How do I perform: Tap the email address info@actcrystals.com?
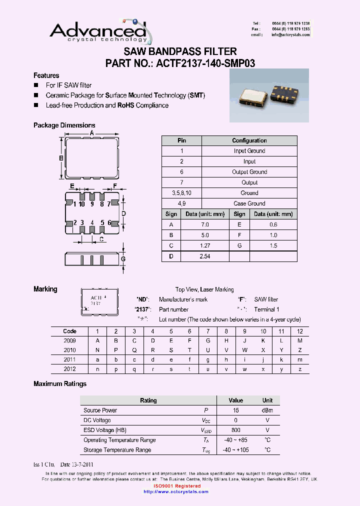[x=290, y=35]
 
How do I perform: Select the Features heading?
[x=46, y=75]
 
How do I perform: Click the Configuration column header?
[x=249, y=140]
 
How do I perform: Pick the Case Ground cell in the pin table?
[x=249, y=203]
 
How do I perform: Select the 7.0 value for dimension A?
[x=204, y=224]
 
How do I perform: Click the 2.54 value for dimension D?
[x=204, y=256]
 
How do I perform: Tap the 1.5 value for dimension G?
[x=273, y=245]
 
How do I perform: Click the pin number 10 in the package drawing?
[x=82, y=203]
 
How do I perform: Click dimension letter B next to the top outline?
[x=60, y=158]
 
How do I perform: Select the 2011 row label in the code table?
[x=69, y=359]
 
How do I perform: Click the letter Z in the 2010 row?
[x=300, y=350]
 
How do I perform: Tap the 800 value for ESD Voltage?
[x=235, y=430]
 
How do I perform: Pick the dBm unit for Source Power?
[x=267, y=410]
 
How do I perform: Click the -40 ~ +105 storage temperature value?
[x=235, y=450]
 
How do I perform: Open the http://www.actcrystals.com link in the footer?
[x=175, y=491]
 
